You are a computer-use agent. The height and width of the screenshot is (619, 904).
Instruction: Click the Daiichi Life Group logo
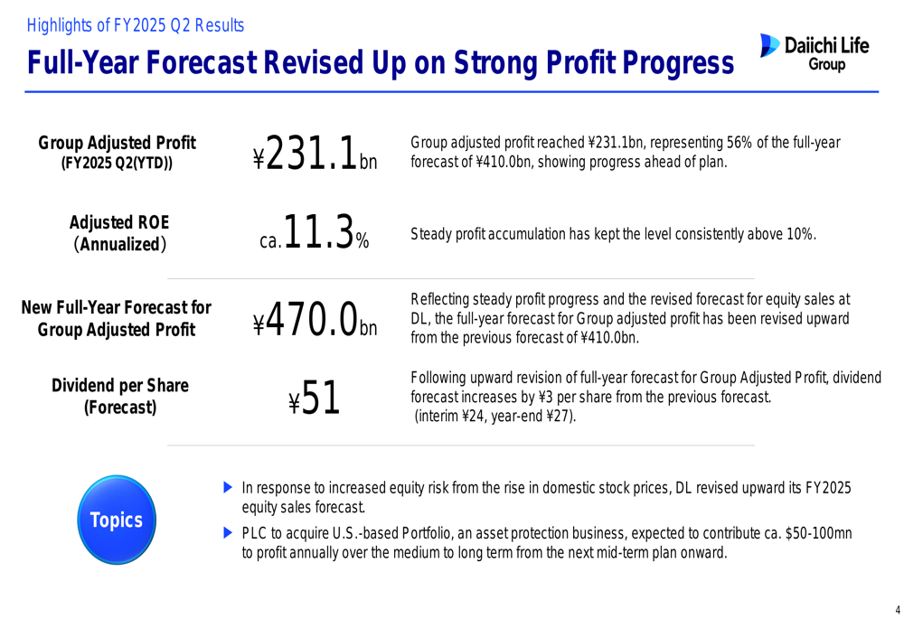pyautogui.click(x=815, y=52)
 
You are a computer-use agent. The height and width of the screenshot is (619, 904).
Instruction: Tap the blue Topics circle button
pyautogui.click(x=116, y=520)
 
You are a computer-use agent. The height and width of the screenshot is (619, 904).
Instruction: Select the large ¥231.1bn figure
pyautogui.click(x=315, y=154)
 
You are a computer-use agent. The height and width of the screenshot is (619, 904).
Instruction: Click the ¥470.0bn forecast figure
pyautogui.click(x=315, y=316)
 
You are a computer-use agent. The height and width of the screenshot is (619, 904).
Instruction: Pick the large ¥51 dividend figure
pyautogui.click(x=315, y=398)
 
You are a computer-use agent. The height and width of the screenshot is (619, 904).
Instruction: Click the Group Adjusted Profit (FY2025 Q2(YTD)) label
pyautogui.click(x=117, y=152)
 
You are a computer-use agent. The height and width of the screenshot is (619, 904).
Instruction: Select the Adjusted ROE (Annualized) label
pyautogui.click(x=119, y=233)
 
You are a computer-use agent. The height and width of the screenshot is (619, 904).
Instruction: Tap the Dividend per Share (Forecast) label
pyautogui.click(x=119, y=396)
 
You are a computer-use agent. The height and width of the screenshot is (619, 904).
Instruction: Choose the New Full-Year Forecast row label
pyautogui.click(x=116, y=319)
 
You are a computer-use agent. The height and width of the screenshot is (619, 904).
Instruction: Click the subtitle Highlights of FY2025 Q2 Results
pyautogui.click(x=136, y=25)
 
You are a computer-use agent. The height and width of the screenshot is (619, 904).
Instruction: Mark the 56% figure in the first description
pyautogui.click(x=740, y=143)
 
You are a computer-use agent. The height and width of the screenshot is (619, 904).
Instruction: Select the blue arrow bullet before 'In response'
pyautogui.click(x=228, y=488)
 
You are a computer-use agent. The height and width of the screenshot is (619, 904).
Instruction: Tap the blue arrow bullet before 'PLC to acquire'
pyautogui.click(x=228, y=533)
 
